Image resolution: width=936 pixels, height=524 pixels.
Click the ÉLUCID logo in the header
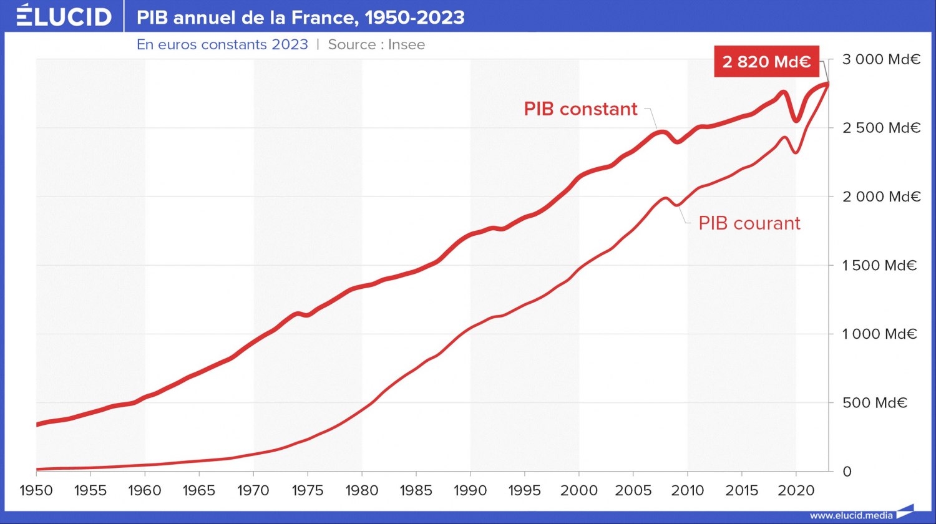[x=64, y=16]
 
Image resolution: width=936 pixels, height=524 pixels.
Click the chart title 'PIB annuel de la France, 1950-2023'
[x=301, y=17]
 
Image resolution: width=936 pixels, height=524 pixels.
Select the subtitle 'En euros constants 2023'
[x=223, y=45]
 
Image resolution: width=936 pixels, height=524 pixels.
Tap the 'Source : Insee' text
[x=376, y=45]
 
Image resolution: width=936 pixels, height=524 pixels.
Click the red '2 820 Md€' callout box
[x=766, y=62]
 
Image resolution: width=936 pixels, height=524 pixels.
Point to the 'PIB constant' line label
[x=580, y=109]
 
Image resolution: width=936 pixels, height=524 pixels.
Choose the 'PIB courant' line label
[x=749, y=223]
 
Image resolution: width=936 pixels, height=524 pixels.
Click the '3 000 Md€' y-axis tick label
[x=881, y=60]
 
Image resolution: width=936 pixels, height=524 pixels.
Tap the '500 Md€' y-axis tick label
[x=874, y=403]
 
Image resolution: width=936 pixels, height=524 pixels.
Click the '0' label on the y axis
[x=847, y=472]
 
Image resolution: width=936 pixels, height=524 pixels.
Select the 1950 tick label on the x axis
[x=36, y=491]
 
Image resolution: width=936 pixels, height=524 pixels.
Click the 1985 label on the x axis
[x=416, y=491]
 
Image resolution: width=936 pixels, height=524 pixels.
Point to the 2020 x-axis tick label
[x=796, y=491]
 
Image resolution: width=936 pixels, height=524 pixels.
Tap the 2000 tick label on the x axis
[x=579, y=491]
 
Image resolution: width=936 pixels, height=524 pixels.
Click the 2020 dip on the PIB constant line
[x=796, y=119]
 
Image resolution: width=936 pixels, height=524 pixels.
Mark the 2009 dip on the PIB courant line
[x=677, y=205]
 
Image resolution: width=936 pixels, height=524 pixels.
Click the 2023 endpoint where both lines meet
[x=827, y=84]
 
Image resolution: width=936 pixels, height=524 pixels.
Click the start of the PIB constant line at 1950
[x=37, y=424]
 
